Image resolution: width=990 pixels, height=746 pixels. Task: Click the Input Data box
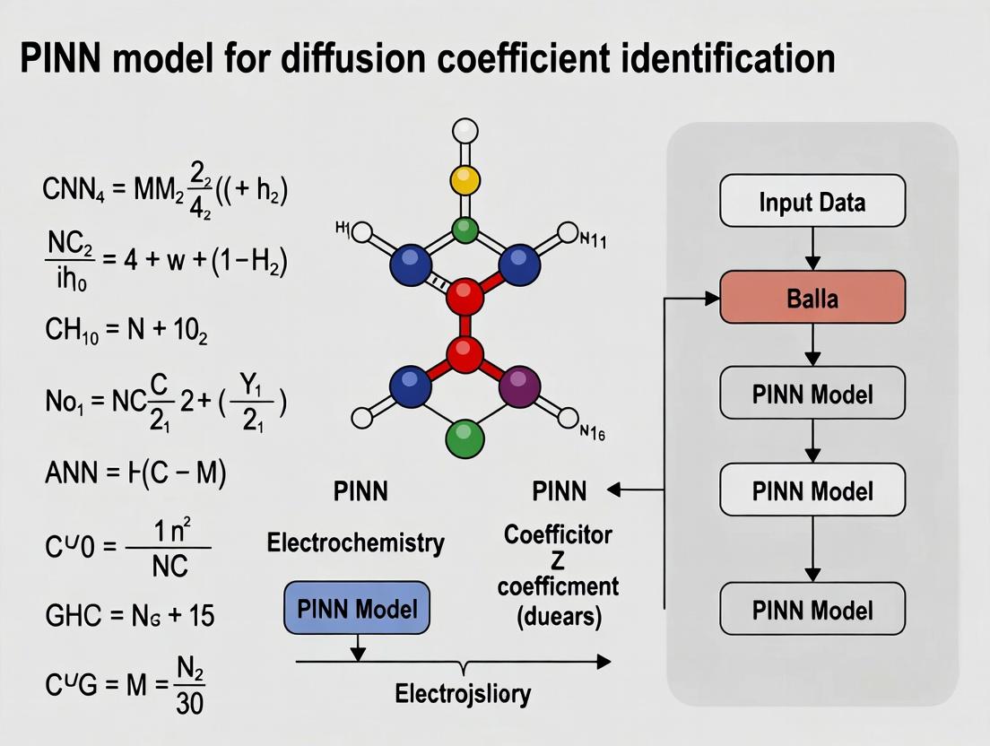pos(812,201)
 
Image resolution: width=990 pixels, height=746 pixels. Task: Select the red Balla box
pos(812,297)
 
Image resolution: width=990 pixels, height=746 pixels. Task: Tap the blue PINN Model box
pos(357,609)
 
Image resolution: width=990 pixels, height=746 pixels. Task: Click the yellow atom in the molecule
pos(465,179)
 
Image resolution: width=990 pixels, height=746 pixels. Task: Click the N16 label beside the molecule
pos(593,433)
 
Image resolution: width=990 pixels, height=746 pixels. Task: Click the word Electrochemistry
pos(356,542)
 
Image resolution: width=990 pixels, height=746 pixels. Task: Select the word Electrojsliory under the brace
pos(463,693)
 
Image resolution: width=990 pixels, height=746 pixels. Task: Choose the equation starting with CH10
pos(126,330)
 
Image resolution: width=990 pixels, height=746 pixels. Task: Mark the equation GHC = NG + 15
pos(129,615)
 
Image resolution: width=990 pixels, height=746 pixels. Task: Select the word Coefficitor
pos(558,535)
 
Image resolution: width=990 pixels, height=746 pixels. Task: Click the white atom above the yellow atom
pos(465,132)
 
